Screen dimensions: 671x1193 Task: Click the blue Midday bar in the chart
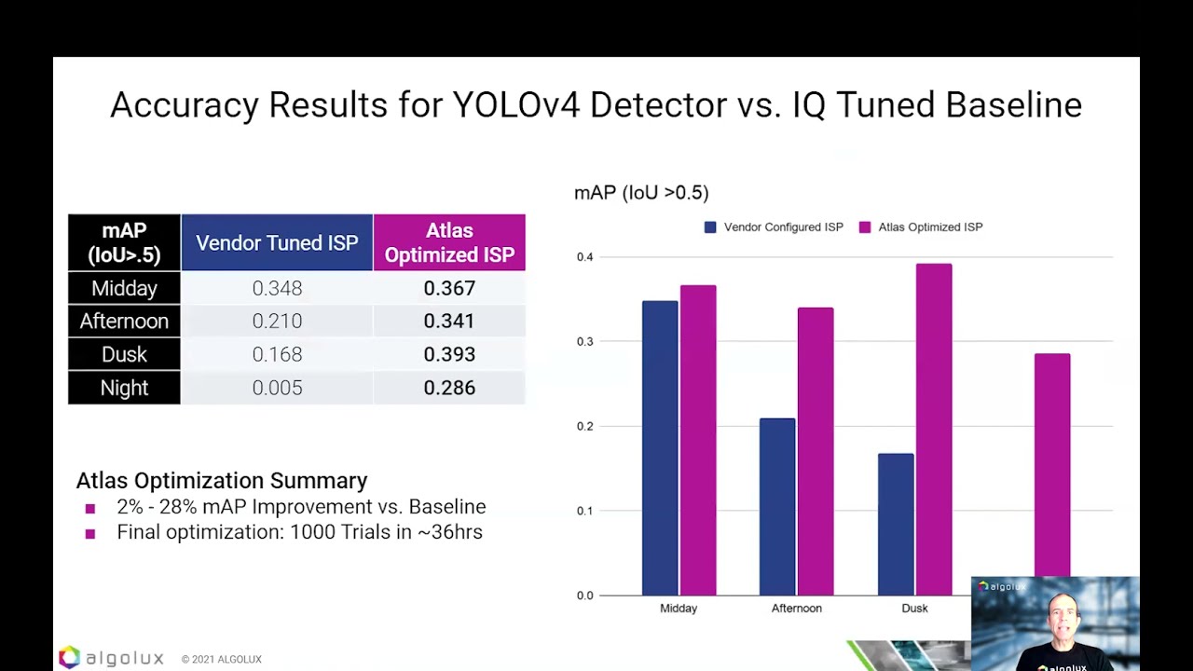pyautogui.click(x=660, y=447)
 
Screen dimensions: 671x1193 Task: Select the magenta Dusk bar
pyautogui.click(x=933, y=429)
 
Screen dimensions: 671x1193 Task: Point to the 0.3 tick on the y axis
pyautogui.click(x=584, y=342)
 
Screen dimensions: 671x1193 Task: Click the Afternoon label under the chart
pyautogui.click(x=797, y=608)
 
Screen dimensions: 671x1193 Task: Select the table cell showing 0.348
pyautogui.click(x=277, y=288)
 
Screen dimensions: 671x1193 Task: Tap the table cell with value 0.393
pyautogui.click(x=449, y=354)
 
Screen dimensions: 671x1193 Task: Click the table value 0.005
pyautogui.click(x=277, y=388)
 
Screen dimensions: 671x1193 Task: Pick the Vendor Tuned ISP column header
pyautogui.click(x=277, y=242)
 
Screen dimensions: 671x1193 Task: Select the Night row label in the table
pyautogui.click(x=124, y=388)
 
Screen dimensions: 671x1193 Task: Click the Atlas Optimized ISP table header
pyautogui.click(x=449, y=242)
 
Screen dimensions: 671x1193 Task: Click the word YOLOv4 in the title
pyautogui.click(x=516, y=104)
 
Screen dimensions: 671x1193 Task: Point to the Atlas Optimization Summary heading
pyautogui.click(x=222, y=481)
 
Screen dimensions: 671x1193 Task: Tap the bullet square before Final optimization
pyautogui.click(x=90, y=534)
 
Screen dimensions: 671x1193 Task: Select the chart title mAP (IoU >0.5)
pyautogui.click(x=641, y=193)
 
